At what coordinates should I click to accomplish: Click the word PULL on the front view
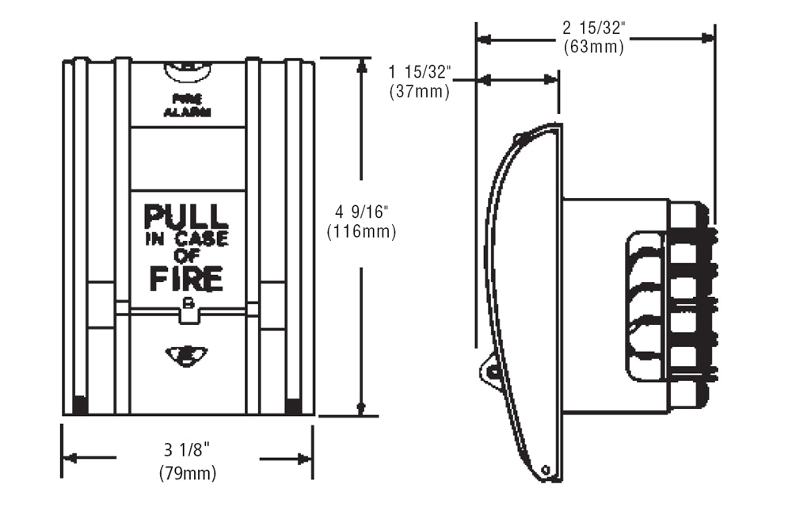pos(186,216)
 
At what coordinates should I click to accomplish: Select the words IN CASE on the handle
pos(186,239)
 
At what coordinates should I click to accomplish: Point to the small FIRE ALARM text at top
pos(187,105)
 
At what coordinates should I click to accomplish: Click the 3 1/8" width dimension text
pos(187,451)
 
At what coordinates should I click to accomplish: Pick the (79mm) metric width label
pos(187,473)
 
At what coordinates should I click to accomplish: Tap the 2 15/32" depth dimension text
pos(594,28)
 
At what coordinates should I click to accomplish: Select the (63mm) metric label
pos(594,47)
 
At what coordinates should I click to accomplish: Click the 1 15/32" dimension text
pos(420,72)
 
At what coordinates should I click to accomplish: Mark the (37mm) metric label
pos(420,91)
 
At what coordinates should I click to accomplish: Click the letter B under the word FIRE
pos(188,303)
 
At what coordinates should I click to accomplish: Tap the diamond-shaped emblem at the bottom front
pos(187,354)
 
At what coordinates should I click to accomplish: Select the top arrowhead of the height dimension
pos(361,66)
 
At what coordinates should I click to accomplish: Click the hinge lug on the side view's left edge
pos(491,371)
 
